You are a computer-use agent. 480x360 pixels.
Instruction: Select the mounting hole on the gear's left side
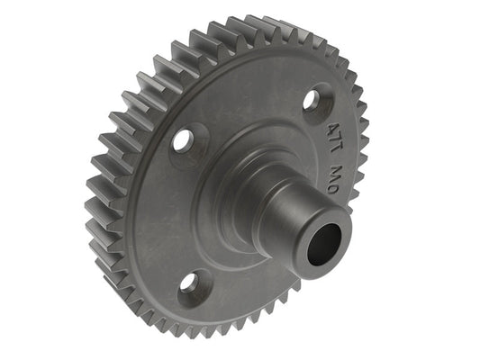[x=183, y=139]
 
